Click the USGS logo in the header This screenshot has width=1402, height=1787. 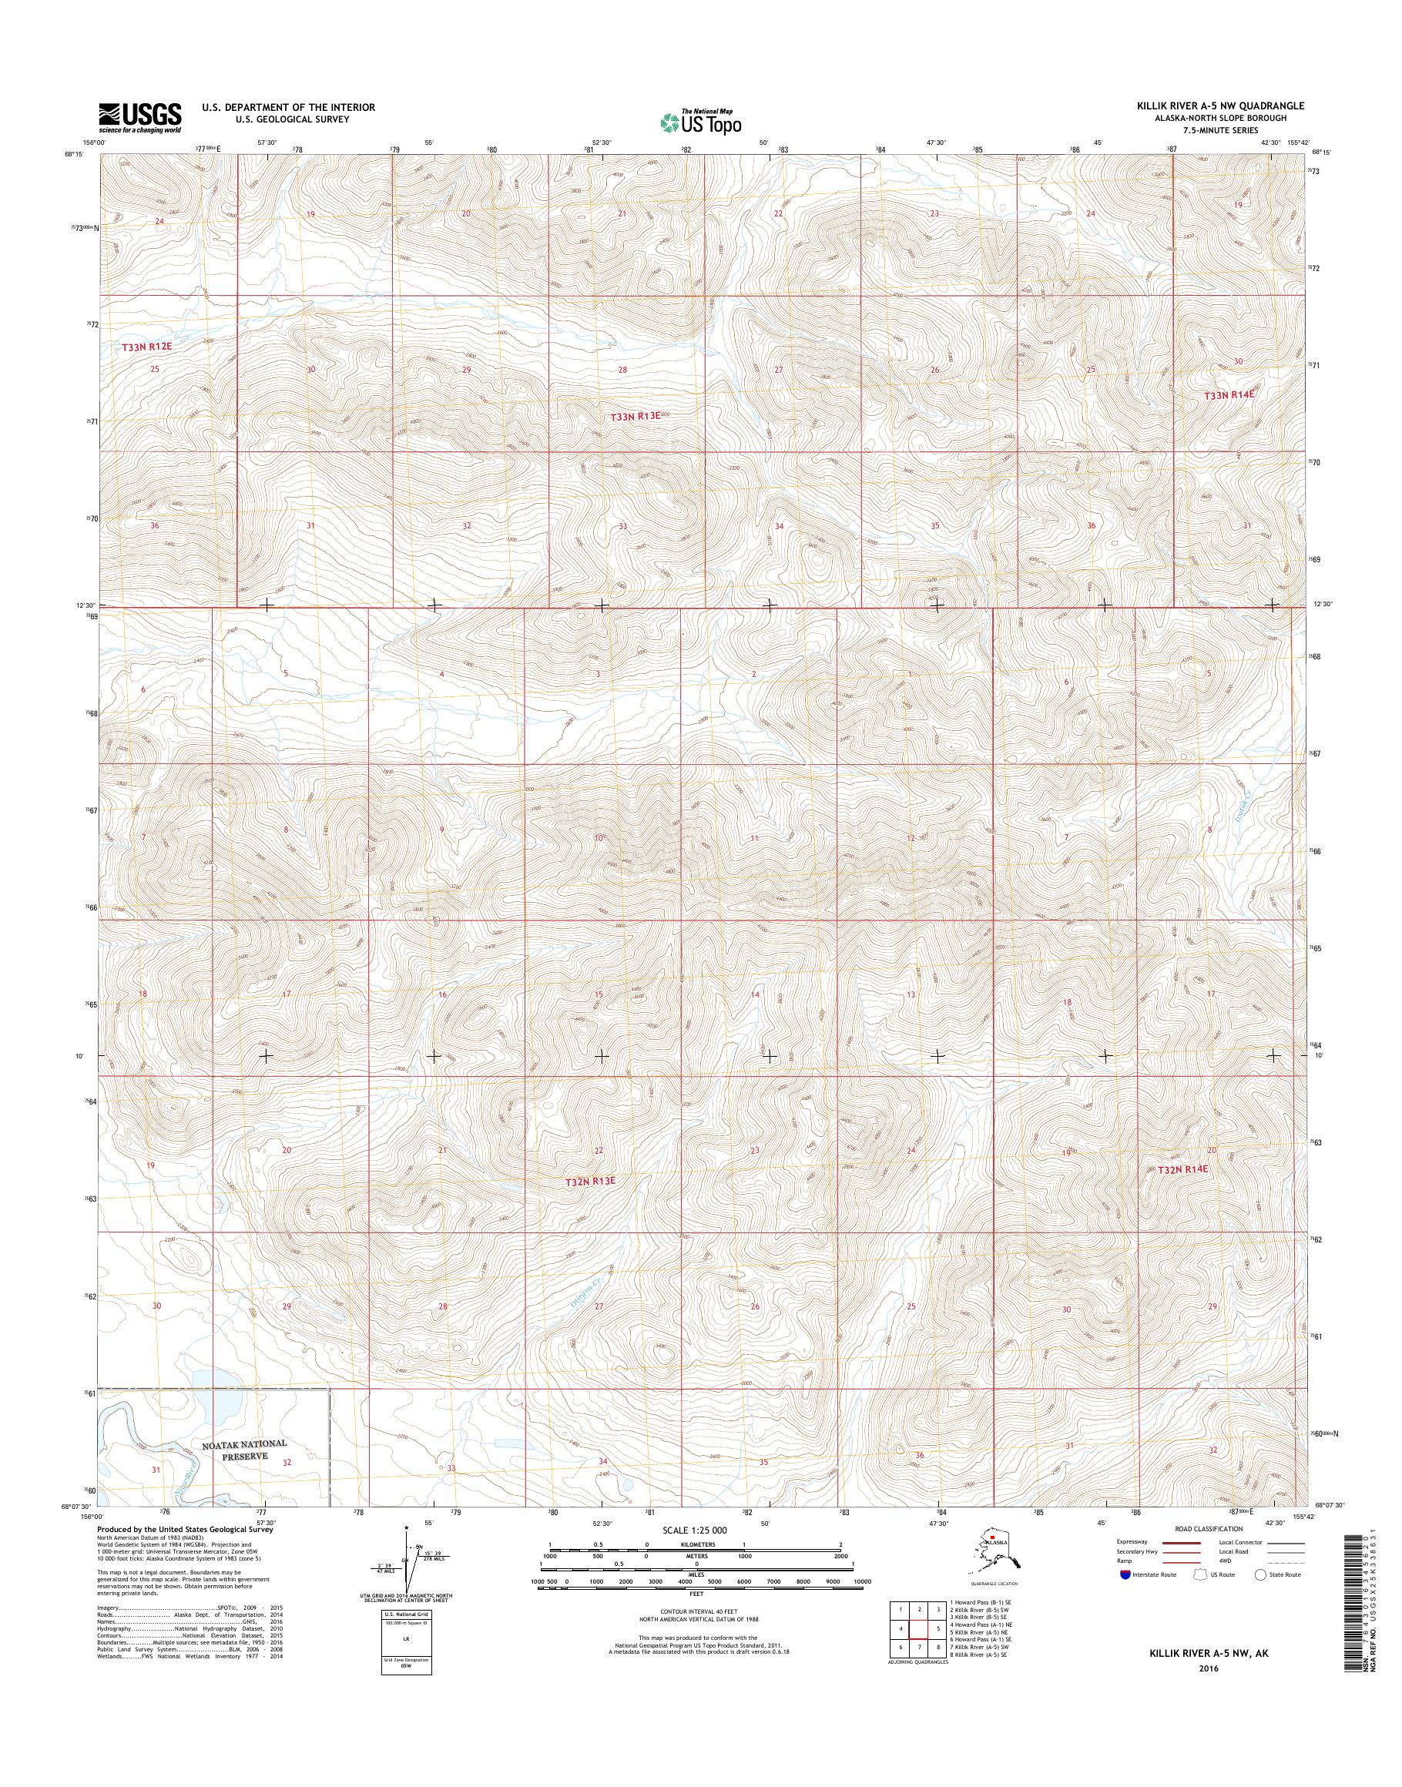[139, 117]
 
